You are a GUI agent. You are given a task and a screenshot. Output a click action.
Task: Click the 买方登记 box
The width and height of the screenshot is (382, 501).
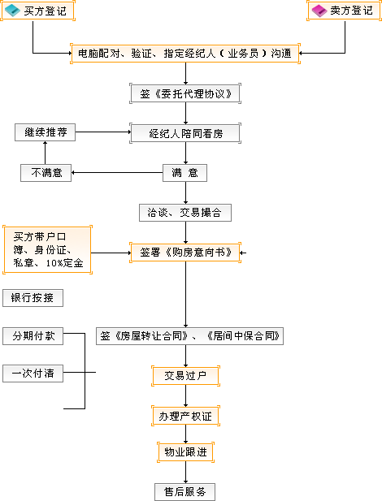click(x=37, y=11)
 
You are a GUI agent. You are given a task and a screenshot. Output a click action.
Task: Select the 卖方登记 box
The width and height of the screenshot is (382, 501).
click(x=344, y=11)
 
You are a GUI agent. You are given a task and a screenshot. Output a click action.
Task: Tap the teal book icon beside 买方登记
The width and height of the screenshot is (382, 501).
click(x=13, y=11)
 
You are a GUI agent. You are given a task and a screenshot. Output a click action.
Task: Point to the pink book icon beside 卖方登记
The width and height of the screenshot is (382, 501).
click(x=319, y=11)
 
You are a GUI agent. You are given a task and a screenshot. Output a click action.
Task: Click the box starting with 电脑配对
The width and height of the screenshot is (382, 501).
click(x=185, y=54)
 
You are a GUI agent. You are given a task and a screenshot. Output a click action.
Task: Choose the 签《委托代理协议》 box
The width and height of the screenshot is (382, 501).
click(x=185, y=93)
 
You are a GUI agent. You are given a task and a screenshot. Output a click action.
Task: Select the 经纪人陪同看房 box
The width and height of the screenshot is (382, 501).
click(x=185, y=133)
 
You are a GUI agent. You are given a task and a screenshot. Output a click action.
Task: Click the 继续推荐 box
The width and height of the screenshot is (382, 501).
click(x=46, y=132)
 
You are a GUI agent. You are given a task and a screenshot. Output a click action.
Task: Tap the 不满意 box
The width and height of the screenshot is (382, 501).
click(x=46, y=173)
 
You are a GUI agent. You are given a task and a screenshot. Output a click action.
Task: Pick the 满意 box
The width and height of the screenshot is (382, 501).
click(x=185, y=173)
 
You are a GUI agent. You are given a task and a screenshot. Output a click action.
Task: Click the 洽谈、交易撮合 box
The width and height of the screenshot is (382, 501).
click(x=185, y=213)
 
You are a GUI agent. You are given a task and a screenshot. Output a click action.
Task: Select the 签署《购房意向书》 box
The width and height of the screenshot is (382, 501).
click(x=185, y=253)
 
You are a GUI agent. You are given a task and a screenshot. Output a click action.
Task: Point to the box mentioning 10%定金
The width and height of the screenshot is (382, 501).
click(x=47, y=249)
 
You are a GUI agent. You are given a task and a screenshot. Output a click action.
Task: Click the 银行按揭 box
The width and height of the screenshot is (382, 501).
click(x=33, y=298)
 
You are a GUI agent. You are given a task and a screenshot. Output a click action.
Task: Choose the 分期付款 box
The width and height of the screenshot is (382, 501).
click(x=33, y=336)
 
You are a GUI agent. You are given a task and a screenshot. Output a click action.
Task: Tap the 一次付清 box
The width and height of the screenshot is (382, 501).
click(x=33, y=374)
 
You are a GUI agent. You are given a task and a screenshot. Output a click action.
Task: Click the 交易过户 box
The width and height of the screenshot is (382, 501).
click(x=185, y=376)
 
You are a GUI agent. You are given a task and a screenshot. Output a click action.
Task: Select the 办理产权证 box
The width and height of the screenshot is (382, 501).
click(x=185, y=416)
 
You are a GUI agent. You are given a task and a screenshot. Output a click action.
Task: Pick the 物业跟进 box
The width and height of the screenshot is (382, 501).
click(x=185, y=452)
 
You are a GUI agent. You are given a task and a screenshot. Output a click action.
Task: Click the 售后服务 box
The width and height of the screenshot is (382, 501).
click(x=185, y=492)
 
